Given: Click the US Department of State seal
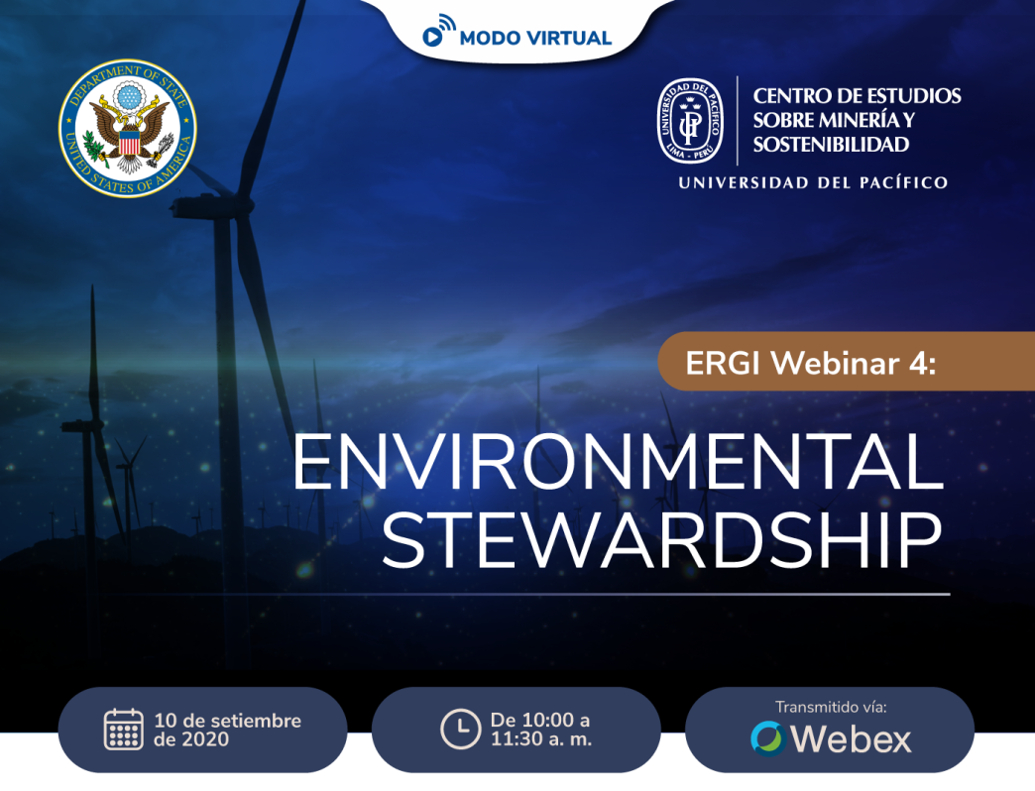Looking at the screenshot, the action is [x=128, y=128].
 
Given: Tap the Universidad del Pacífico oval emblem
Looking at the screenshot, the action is [x=690, y=121].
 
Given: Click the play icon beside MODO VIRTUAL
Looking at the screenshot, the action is [x=433, y=37].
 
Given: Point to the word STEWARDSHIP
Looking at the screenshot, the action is [x=662, y=540].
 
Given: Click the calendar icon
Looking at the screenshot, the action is [x=124, y=729].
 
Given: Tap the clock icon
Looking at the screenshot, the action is [x=460, y=729].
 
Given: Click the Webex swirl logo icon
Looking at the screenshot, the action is [x=767, y=737].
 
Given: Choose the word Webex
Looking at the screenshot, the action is [x=851, y=738].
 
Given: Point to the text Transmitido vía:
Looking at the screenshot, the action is [x=831, y=707].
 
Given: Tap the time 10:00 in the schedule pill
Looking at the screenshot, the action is [x=548, y=719].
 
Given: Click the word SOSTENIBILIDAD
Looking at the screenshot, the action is [x=831, y=145].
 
